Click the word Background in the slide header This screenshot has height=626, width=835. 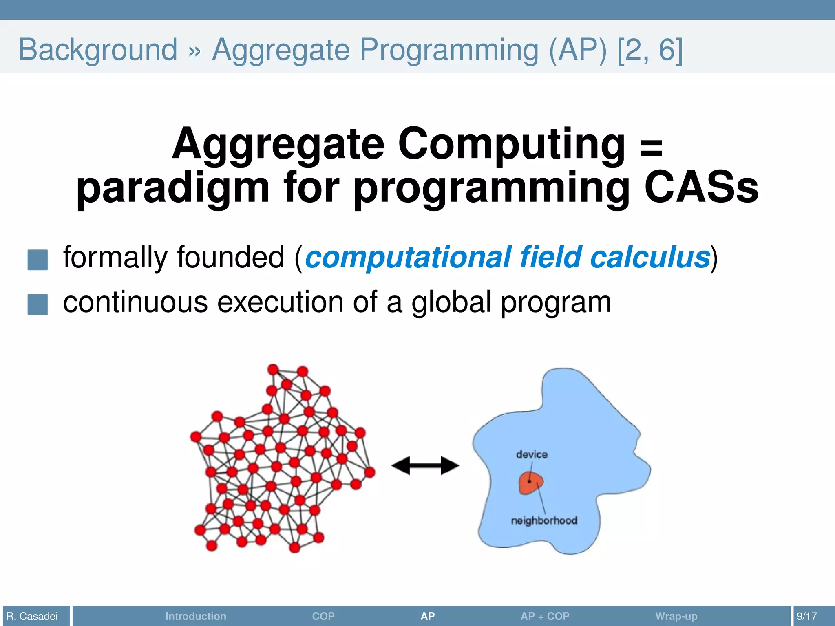tap(98, 50)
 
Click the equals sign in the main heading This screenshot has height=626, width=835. tap(651, 148)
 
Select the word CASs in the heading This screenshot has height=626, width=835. tap(701, 187)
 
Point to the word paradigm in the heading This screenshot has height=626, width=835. tap(173, 188)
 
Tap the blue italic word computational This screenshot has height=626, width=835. tap(408, 258)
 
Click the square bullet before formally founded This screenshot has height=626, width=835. tap(38, 260)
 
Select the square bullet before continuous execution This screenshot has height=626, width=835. tap(38, 304)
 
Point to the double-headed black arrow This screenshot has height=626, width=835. tap(425, 465)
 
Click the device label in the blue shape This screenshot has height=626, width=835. tap(532, 454)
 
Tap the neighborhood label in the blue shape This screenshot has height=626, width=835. tap(544, 520)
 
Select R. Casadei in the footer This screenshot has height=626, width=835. tap(32, 616)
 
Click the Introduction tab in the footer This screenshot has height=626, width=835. tap(196, 616)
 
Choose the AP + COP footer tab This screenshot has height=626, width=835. tap(545, 616)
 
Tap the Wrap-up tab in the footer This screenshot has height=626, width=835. tap(676, 616)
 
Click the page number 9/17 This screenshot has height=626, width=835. tap(807, 616)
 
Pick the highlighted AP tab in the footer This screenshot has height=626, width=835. tap(427, 616)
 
